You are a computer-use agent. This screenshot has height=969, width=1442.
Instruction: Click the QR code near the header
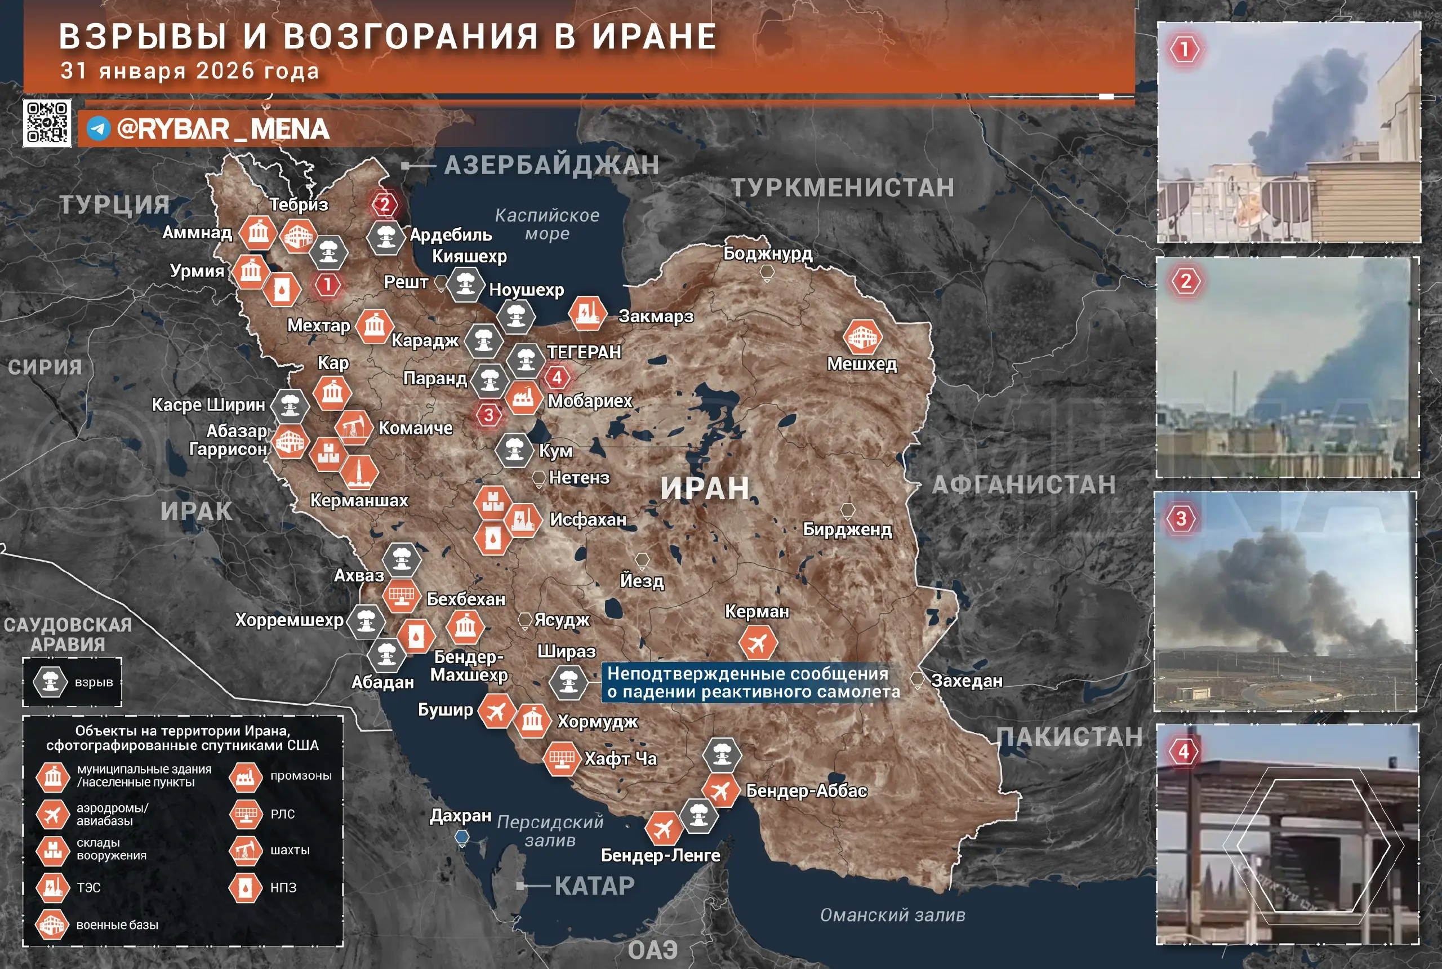(x=47, y=123)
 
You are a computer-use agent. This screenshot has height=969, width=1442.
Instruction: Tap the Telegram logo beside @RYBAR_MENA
(x=98, y=129)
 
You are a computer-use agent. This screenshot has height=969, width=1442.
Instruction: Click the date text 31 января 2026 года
(x=190, y=71)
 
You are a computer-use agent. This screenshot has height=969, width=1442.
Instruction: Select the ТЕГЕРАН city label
(x=584, y=352)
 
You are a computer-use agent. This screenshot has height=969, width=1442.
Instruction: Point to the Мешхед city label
(x=862, y=364)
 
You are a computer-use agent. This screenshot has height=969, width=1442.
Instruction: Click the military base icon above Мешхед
(x=862, y=337)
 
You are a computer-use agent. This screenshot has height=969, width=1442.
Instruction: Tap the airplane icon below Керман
(x=758, y=643)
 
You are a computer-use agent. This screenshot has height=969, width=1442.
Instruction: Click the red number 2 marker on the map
(x=384, y=204)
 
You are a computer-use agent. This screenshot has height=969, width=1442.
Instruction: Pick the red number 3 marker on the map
(x=488, y=415)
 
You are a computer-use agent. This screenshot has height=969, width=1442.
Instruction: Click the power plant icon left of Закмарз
(x=587, y=313)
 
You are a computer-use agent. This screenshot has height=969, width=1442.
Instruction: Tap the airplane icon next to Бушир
(x=497, y=712)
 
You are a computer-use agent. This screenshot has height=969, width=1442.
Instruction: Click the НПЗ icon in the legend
(x=245, y=887)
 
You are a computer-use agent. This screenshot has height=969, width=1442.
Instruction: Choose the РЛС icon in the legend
(x=245, y=814)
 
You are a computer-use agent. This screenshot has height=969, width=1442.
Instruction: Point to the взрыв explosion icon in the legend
(x=51, y=682)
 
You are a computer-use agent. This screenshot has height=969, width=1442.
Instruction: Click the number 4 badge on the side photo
(x=1183, y=752)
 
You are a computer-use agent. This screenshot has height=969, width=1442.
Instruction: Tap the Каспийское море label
(x=547, y=224)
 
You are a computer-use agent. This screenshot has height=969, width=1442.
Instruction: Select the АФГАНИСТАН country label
(x=1023, y=485)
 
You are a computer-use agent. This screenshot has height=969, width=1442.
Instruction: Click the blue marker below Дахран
(x=461, y=838)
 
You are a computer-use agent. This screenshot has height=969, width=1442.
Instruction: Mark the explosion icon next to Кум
(x=514, y=450)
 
